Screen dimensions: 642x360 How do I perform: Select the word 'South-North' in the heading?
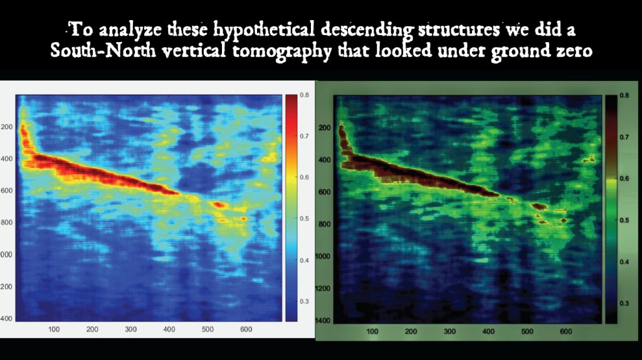(x=103, y=50)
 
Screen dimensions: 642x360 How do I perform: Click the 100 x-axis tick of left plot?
(x=54, y=329)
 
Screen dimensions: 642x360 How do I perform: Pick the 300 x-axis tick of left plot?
(x=130, y=329)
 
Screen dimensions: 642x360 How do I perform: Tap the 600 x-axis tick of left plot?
(x=246, y=329)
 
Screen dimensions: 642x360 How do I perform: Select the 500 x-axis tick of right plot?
(x=527, y=331)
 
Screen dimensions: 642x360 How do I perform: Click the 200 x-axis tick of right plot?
(x=411, y=331)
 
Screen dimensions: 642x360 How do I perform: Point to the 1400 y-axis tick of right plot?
(x=323, y=320)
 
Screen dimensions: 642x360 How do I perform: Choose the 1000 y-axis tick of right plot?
(x=323, y=257)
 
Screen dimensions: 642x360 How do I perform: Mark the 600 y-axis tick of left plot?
(x=6, y=191)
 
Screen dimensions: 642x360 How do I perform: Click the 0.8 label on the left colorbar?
(x=304, y=95)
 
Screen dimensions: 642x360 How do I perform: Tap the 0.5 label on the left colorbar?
(x=304, y=218)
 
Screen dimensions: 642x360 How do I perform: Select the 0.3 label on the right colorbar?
(x=624, y=304)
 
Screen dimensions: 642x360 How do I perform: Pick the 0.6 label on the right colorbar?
(x=624, y=179)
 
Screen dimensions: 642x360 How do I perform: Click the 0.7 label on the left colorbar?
(x=304, y=136)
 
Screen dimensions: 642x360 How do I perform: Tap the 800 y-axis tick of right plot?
(x=325, y=225)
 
